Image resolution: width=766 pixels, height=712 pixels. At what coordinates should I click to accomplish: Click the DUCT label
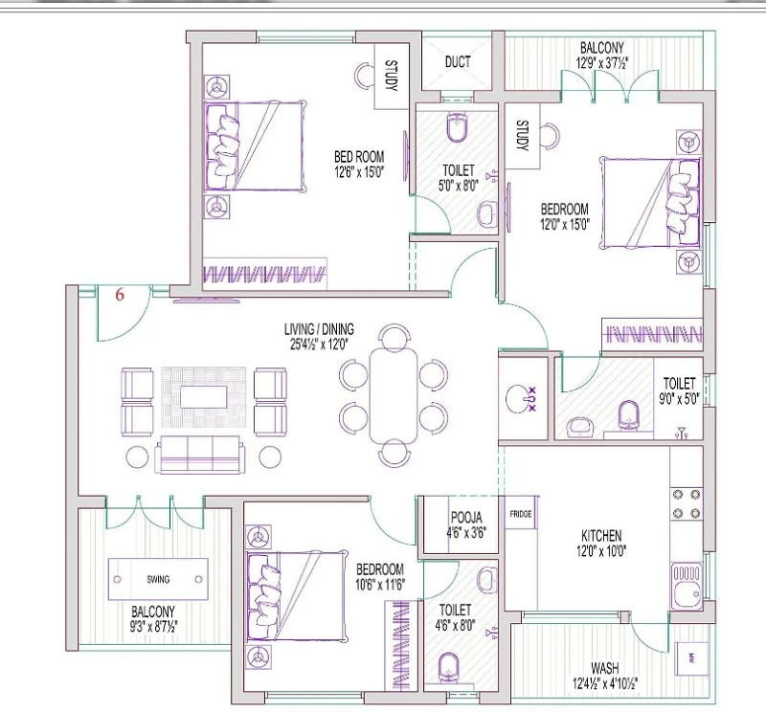pyautogui.click(x=458, y=62)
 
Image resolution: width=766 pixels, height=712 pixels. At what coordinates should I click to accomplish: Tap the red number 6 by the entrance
pyautogui.click(x=120, y=295)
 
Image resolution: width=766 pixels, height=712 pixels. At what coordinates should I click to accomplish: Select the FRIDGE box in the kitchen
pyautogui.click(x=521, y=514)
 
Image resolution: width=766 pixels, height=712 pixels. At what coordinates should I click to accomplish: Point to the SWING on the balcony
pyautogui.click(x=158, y=579)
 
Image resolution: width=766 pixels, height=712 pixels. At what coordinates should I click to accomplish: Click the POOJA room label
pyautogui.click(x=466, y=517)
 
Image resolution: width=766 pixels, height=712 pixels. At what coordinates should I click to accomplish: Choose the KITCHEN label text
pyautogui.click(x=601, y=536)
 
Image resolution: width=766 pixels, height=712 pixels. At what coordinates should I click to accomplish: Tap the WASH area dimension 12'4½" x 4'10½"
pyautogui.click(x=605, y=683)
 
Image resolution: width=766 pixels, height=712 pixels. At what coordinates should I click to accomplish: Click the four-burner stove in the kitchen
pyautogui.click(x=687, y=503)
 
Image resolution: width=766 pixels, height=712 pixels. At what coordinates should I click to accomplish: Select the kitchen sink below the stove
pyautogui.click(x=687, y=586)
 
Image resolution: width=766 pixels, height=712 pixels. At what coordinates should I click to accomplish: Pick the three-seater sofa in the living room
pyautogui.click(x=200, y=455)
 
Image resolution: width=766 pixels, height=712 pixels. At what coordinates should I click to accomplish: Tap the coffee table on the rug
pyautogui.click(x=203, y=396)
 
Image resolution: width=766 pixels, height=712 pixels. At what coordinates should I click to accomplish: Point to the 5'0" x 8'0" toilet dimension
pyautogui.click(x=459, y=186)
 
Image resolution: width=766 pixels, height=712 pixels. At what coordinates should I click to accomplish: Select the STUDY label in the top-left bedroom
pyautogui.click(x=392, y=76)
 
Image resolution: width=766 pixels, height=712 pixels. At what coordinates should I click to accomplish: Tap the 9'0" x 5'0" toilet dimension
pyautogui.click(x=679, y=399)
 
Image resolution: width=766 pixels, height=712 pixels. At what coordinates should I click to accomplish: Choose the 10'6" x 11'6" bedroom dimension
pyautogui.click(x=380, y=584)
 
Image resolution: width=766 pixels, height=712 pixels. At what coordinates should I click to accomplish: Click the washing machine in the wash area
pyautogui.click(x=691, y=658)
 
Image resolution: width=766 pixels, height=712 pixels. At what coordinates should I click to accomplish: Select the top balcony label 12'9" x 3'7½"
pyautogui.click(x=602, y=63)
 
